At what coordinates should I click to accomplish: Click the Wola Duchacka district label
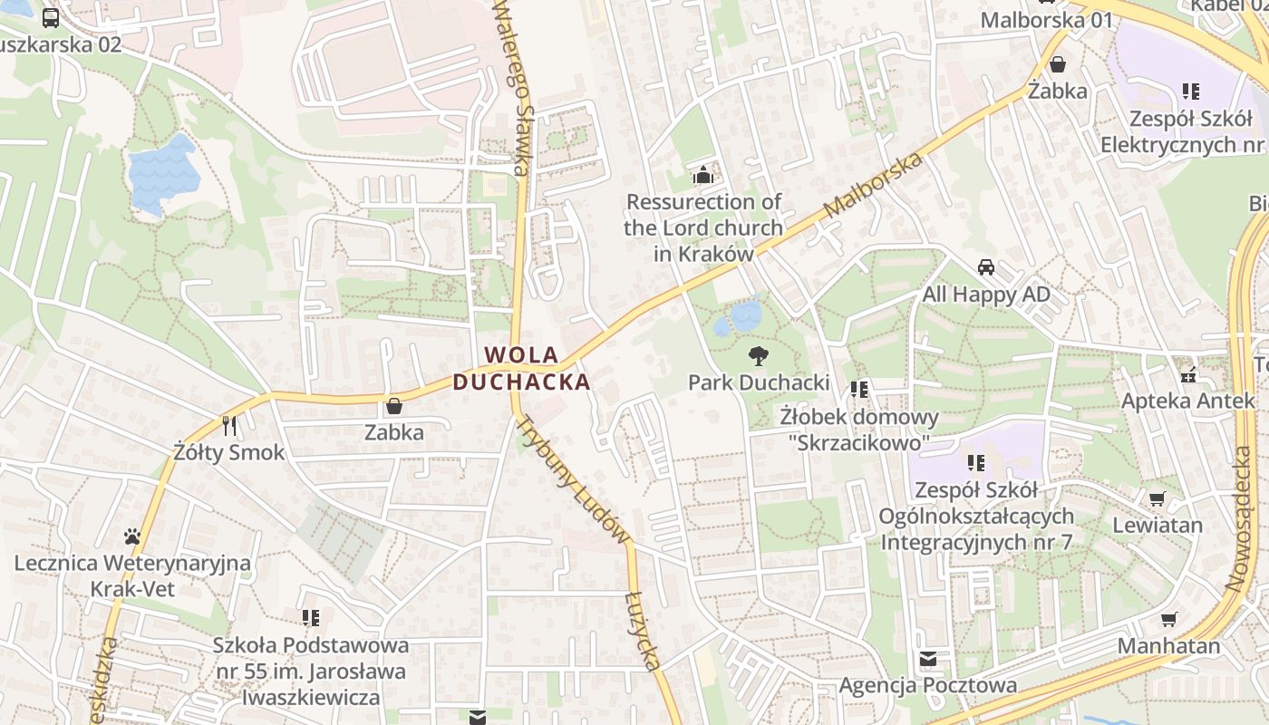pyautogui.click(x=521, y=368)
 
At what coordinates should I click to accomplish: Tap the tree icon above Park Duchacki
pyautogui.click(x=759, y=356)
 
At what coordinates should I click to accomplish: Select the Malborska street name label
pyautogui.click(x=874, y=186)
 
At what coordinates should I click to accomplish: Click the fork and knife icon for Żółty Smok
pyautogui.click(x=229, y=425)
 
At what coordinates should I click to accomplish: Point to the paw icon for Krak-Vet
pyautogui.click(x=132, y=536)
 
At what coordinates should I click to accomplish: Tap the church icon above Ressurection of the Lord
pyautogui.click(x=703, y=174)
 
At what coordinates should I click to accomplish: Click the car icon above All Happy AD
pyautogui.click(x=986, y=267)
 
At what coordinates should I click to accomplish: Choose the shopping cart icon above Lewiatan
pyautogui.click(x=1158, y=498)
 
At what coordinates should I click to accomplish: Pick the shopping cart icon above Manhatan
pyautogui.click(x=1169, y=619)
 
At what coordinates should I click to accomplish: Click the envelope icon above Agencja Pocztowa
pyautogui.click(x=928, y=659)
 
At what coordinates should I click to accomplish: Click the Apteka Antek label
pyautogui.click(x=1187, y=400)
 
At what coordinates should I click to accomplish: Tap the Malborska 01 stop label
pyautogui.click(x=1046, y=19)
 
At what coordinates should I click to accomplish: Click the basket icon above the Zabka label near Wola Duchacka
pyautogui.click(x=394, y=406)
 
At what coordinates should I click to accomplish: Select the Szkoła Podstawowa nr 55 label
pyautogui.click(x=310, y=671)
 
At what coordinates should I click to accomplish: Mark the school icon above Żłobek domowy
pyautogui.click(x=859, y=390)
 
